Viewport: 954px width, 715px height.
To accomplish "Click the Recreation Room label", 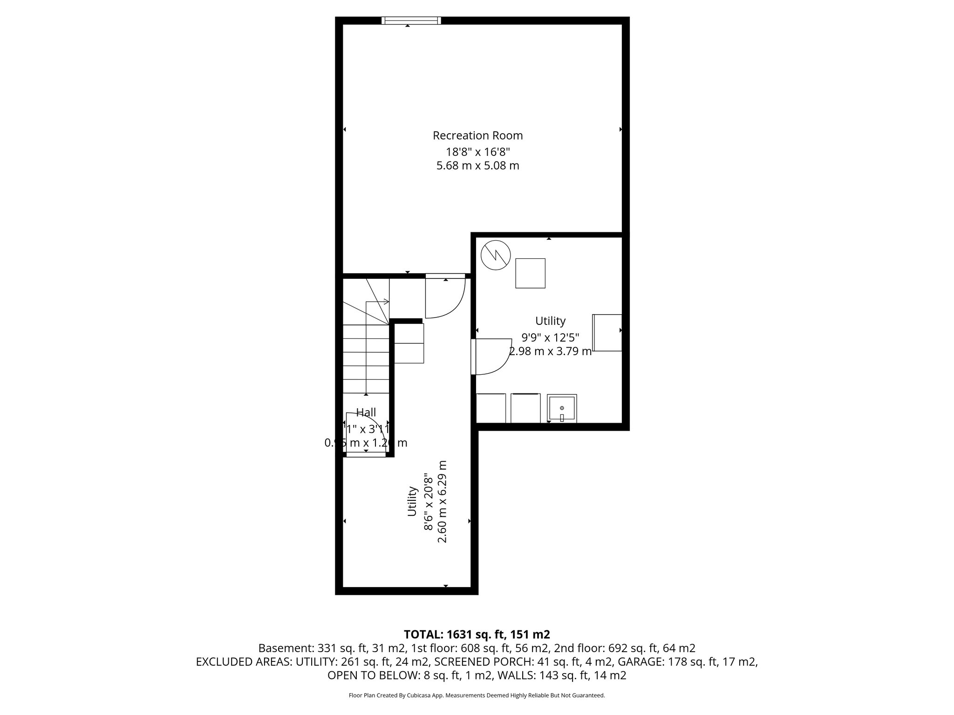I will [477, 135].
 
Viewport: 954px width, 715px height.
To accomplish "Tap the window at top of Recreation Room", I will [410, 20].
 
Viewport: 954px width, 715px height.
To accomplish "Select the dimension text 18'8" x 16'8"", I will [477, 151].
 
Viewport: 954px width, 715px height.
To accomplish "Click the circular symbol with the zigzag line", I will [496, 255].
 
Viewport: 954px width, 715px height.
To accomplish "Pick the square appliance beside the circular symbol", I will [530, 273].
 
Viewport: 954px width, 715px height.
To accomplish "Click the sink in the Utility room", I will [562, 408].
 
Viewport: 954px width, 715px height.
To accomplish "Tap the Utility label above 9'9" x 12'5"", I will [550, 321].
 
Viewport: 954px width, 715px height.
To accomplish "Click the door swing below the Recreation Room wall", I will [445, 298].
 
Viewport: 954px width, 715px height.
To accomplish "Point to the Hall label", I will [366, 412].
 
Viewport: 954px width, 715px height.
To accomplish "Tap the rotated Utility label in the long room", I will [412, 501].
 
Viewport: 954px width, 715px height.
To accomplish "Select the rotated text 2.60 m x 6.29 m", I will [443, 501].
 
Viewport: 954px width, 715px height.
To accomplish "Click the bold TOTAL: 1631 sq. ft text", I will [477, 634].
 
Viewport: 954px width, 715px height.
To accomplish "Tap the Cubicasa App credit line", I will [477, 695].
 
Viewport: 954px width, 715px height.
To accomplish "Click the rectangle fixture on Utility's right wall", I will [607, 333].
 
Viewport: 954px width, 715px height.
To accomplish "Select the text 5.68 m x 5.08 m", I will [477, 166].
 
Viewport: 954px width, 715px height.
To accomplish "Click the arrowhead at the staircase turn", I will [386, 302].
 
